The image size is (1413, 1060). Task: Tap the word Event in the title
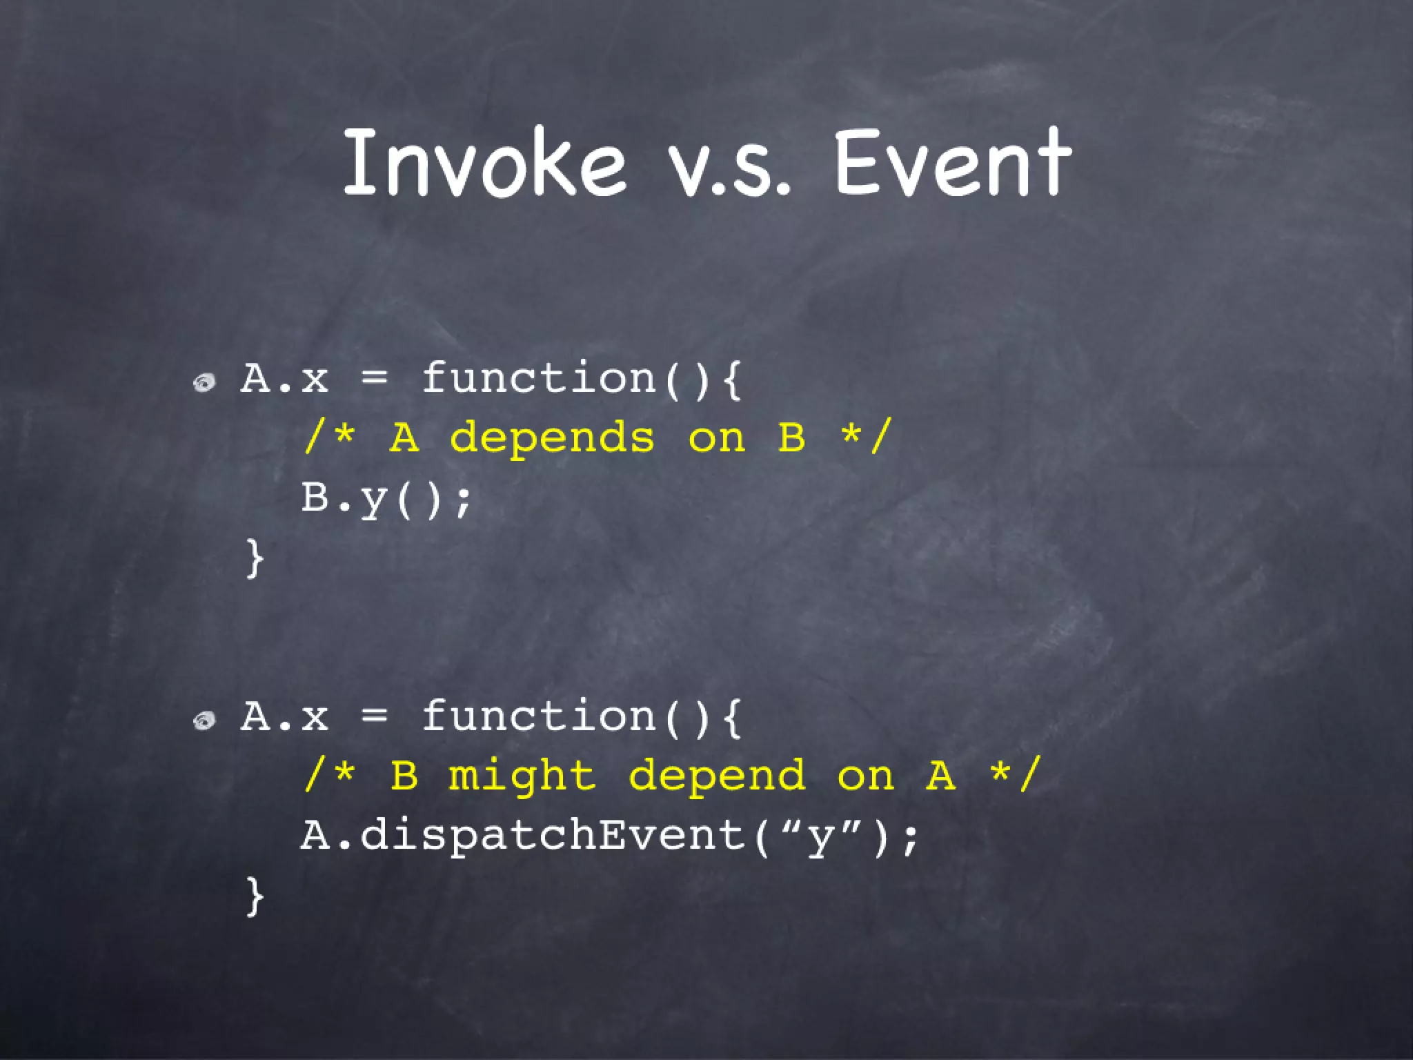[952, 164]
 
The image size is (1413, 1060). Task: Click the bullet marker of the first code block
[205, 382]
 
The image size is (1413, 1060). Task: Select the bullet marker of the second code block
[205, 721]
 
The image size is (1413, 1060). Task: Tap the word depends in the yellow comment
[552, 439]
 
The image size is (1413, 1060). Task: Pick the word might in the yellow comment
[522, 776]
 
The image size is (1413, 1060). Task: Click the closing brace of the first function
[255, 558]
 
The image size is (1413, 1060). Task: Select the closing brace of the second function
[255, 896]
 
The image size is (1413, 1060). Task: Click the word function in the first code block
[538, 378]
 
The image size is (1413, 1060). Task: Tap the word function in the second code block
[538, 716]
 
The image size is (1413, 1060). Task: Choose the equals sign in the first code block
[375, 378]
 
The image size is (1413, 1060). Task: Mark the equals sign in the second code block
[375, 716]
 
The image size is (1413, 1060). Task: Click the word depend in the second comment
[717, 776]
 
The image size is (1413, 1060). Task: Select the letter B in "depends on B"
[791, 438]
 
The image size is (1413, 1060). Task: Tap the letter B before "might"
[404, 775]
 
